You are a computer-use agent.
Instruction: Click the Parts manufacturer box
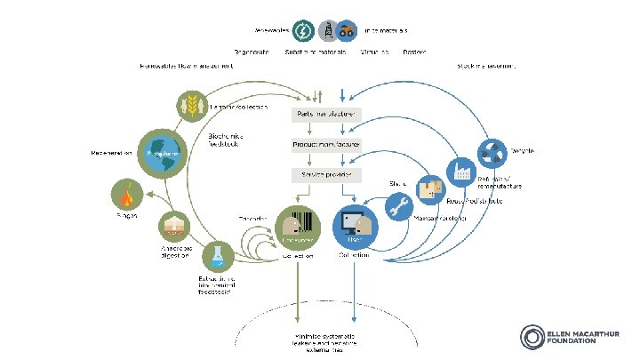323,115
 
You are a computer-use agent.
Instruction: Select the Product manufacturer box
323,143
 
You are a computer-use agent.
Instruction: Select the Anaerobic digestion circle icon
173,228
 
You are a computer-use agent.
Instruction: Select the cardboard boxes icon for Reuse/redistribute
432,188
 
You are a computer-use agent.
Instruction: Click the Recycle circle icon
494,151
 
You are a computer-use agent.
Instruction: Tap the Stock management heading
487,66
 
